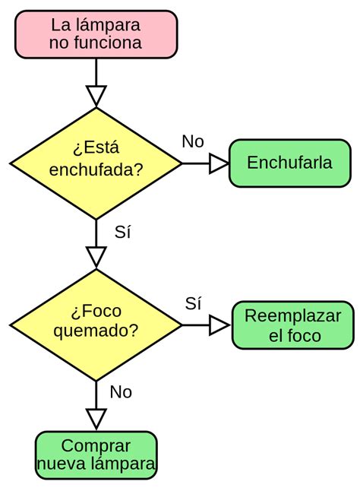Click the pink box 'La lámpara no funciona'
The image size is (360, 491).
click(x=96, y=34)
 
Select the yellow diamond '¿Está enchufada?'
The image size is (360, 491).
click(x=96, y=163)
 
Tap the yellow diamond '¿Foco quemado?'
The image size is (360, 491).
click(x=96, y=325)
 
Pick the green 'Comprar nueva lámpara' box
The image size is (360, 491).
click(x=96, y=455)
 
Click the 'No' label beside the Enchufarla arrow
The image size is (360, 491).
click(x=193, y=141)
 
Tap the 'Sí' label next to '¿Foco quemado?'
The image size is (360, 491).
click(x=193, y=303)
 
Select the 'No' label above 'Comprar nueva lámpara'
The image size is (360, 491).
click(x=121, y=392)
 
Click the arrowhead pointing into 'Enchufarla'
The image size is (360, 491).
click(x=219, y=163)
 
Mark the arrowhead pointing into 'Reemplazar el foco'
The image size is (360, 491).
click(x=219, y=325)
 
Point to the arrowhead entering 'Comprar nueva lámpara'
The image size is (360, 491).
click(x=96, y=419)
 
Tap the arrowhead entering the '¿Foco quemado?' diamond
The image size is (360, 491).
click(x=96, y=257)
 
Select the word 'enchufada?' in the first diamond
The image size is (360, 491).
click(x=96, y=169)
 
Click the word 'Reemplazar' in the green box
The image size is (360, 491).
click(x=293, y=316)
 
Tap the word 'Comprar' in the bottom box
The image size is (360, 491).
click(x=96, y=446)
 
